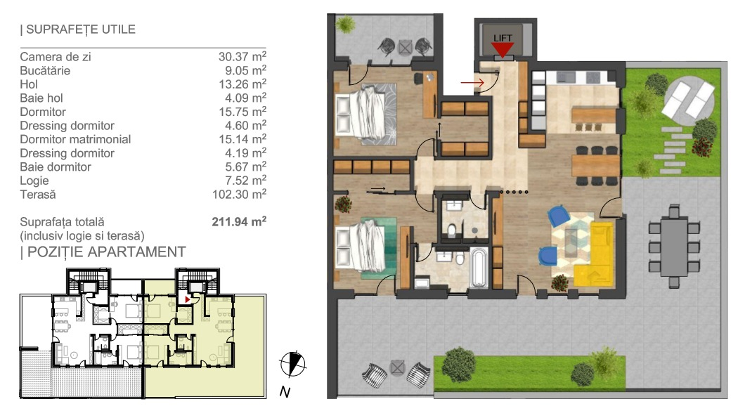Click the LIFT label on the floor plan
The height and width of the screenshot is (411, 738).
tap(503, 38)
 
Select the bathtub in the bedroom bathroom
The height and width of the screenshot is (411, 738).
tap(479, 268)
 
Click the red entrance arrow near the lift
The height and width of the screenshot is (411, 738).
tap(472, 83)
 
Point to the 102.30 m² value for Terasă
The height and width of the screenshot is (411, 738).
tap(239, 194)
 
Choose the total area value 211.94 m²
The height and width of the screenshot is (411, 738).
tap(239, 221)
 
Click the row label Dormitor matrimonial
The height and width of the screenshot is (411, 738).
tap(75, 139)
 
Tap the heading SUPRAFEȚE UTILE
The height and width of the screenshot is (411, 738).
tap(77, 29)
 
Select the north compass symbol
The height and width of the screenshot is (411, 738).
tap(293, 364)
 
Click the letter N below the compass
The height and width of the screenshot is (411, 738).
tap(284, 392)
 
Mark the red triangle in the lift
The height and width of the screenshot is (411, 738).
tap(503, 49)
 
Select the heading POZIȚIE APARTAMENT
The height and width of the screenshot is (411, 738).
tap(103, 252)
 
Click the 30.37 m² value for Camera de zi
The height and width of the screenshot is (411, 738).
tap(242, 56)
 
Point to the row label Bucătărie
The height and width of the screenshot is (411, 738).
tap(45, 70)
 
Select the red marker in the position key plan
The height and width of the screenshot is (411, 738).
tap(188, 299)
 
